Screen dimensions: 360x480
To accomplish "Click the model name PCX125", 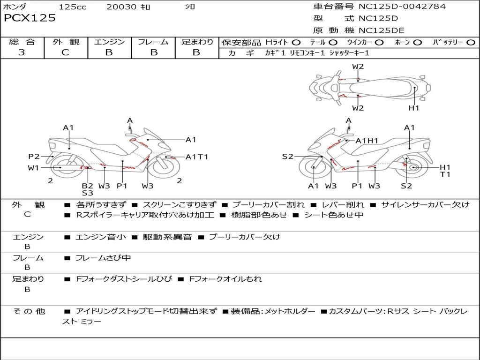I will (x=30, y=18).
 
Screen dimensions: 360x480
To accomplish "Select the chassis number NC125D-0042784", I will (x=402, y=7).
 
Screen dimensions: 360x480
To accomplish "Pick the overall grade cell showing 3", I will (x=22, y=52).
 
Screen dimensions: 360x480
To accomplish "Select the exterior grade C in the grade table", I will (x=65, y=52).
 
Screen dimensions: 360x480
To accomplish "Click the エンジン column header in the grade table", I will (x=109, y=42).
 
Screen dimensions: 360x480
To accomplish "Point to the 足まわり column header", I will (x=197, y=42).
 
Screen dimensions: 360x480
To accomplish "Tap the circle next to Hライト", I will (x=296, y=43).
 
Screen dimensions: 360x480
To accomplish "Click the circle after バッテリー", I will (x=471, y=43).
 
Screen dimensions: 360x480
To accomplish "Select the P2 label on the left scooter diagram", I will (x=34, y=157).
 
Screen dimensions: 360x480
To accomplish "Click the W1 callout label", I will (x=33, y=168).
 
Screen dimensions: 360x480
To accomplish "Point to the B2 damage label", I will (x=87, y=186).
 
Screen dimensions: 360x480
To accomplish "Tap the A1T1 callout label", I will (x=197, y=157).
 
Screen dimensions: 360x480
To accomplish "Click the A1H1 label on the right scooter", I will (x=367, y=141).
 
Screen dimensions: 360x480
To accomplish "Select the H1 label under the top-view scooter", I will (x=413, y=108).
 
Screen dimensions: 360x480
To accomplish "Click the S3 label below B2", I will (x=87, y=193).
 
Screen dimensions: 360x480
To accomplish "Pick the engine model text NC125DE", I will (x=382, y=30).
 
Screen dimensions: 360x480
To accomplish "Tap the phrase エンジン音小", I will (x=101, y=237).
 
